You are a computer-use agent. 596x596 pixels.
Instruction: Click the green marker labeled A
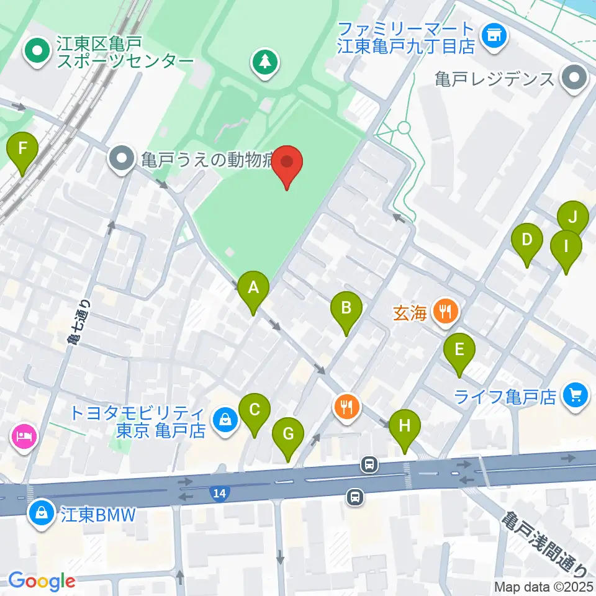tap(253, 289)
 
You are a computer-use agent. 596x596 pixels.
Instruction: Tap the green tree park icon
tap(265, 62)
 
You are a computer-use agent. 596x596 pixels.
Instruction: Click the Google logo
tap(42, 580)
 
